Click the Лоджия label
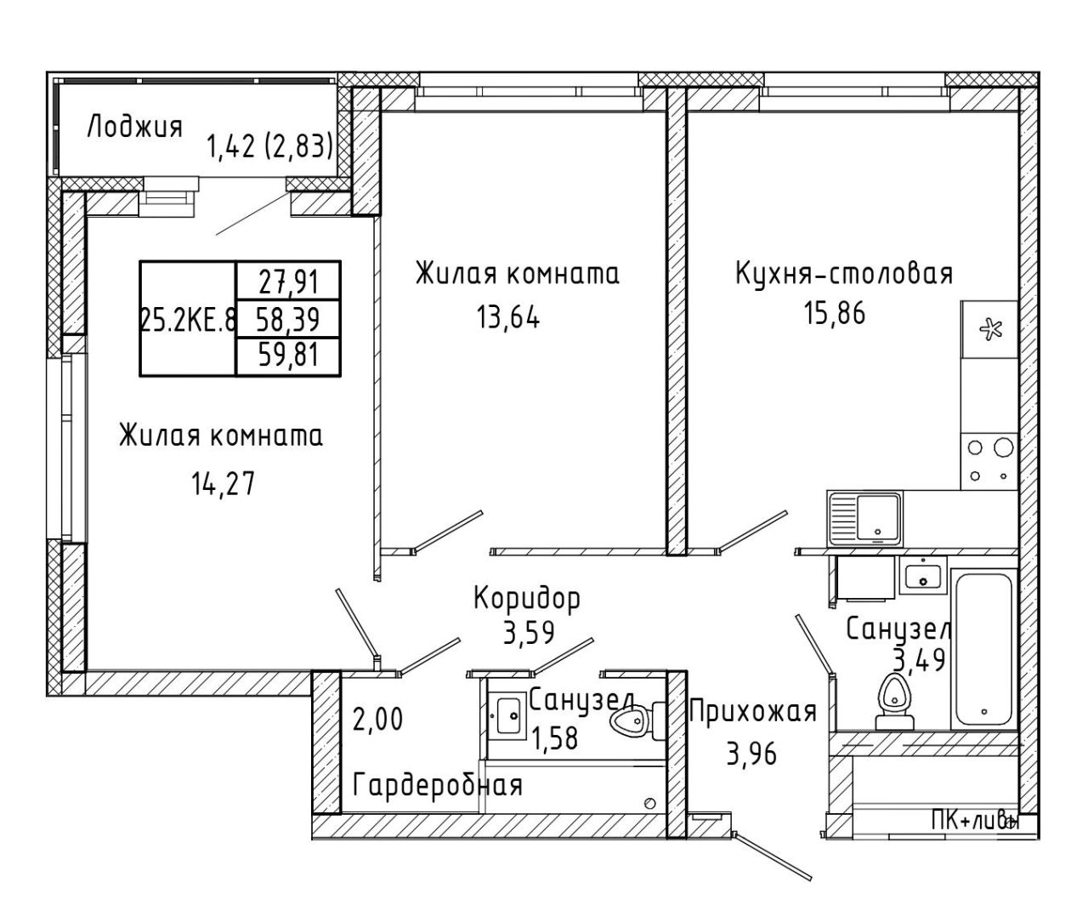[x=135, y=128]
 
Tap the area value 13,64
[x=508, y=316]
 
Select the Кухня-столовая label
[x=844, y=274]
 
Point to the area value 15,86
[x=835, y=313]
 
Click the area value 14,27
[x=224, y=483]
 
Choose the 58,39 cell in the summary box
[x=288, y=319]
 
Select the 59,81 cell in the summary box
[x=289, y=356]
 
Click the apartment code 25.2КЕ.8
[x=188, y=319]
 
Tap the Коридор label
[x=527, y=598]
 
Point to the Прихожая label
[x=753, y=713]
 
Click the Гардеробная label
[x=438, y=784]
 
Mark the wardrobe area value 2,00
[x=377, y=720]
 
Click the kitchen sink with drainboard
[x=864, y=519]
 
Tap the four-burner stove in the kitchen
[x=989, y=461]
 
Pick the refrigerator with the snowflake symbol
[x=989, y=329]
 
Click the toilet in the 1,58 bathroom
[x=637, y=721]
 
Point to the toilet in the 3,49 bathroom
[x=894, y=702]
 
